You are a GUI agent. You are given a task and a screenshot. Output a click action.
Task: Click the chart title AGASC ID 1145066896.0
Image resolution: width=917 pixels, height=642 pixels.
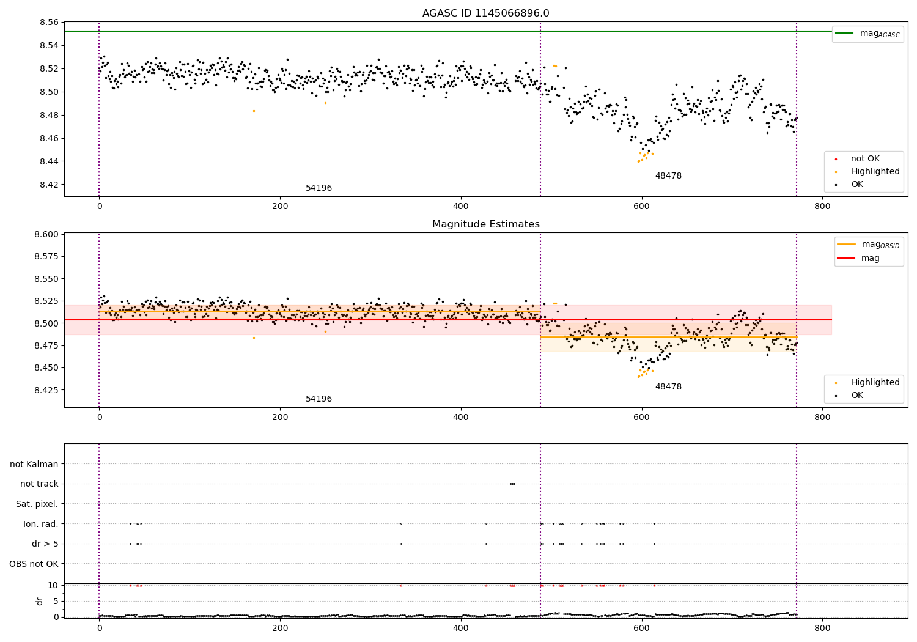point(485,13)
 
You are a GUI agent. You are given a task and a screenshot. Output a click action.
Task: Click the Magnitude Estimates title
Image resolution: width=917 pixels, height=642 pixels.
point(485,224)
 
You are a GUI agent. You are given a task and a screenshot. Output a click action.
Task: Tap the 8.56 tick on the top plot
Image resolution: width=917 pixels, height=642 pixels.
point(49,23)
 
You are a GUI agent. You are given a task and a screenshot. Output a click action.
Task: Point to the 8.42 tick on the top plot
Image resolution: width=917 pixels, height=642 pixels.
point(49,185)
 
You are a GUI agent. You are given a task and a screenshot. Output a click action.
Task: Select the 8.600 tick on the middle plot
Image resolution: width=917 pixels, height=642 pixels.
point(46,234)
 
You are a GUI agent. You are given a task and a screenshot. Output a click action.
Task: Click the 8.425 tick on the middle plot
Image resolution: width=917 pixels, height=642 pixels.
point(46,390)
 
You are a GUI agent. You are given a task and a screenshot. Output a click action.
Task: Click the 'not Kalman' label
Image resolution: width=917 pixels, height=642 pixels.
point(34,464)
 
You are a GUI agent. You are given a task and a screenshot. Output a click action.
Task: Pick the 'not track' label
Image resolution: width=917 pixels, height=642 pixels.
point(39,484)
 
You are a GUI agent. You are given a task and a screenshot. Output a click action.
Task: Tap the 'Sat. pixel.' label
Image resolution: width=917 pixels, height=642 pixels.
point(37,504)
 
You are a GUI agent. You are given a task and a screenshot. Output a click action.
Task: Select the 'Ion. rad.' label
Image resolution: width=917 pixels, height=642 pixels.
point(40,524)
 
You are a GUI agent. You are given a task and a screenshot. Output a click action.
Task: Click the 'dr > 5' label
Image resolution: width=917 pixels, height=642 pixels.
point(45,544)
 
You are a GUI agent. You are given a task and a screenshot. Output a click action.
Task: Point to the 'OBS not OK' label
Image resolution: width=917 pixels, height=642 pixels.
point(34,564)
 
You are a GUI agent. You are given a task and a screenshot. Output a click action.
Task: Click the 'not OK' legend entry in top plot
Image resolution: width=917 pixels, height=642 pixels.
point(865,159)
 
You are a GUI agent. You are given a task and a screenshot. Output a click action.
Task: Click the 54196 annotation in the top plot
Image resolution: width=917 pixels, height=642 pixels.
point(319,188)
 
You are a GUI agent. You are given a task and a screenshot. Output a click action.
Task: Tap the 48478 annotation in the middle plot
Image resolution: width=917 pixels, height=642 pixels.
point(668,387)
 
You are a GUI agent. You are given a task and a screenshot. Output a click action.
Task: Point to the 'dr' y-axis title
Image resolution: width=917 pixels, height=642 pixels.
point(40,601)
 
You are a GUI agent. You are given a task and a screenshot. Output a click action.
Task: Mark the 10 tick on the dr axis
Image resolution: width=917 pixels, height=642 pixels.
point(53,585)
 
